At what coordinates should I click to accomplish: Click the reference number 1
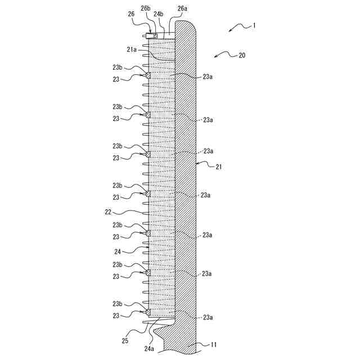point(254,25)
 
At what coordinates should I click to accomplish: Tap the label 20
point(241,56)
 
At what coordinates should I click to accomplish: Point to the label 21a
point(132,49)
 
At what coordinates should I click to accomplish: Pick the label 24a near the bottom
point(149,349)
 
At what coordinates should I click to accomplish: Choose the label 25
point(125,341)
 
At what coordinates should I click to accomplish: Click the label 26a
point(182,9)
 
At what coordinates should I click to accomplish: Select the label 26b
point(145,8)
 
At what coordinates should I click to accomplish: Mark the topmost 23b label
point(117,67)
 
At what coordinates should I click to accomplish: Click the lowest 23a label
point(208,317)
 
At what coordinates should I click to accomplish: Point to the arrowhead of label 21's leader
point(197,163)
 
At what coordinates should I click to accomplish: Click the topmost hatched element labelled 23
point(148,75)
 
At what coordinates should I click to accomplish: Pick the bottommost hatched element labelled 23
point(148,312)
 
